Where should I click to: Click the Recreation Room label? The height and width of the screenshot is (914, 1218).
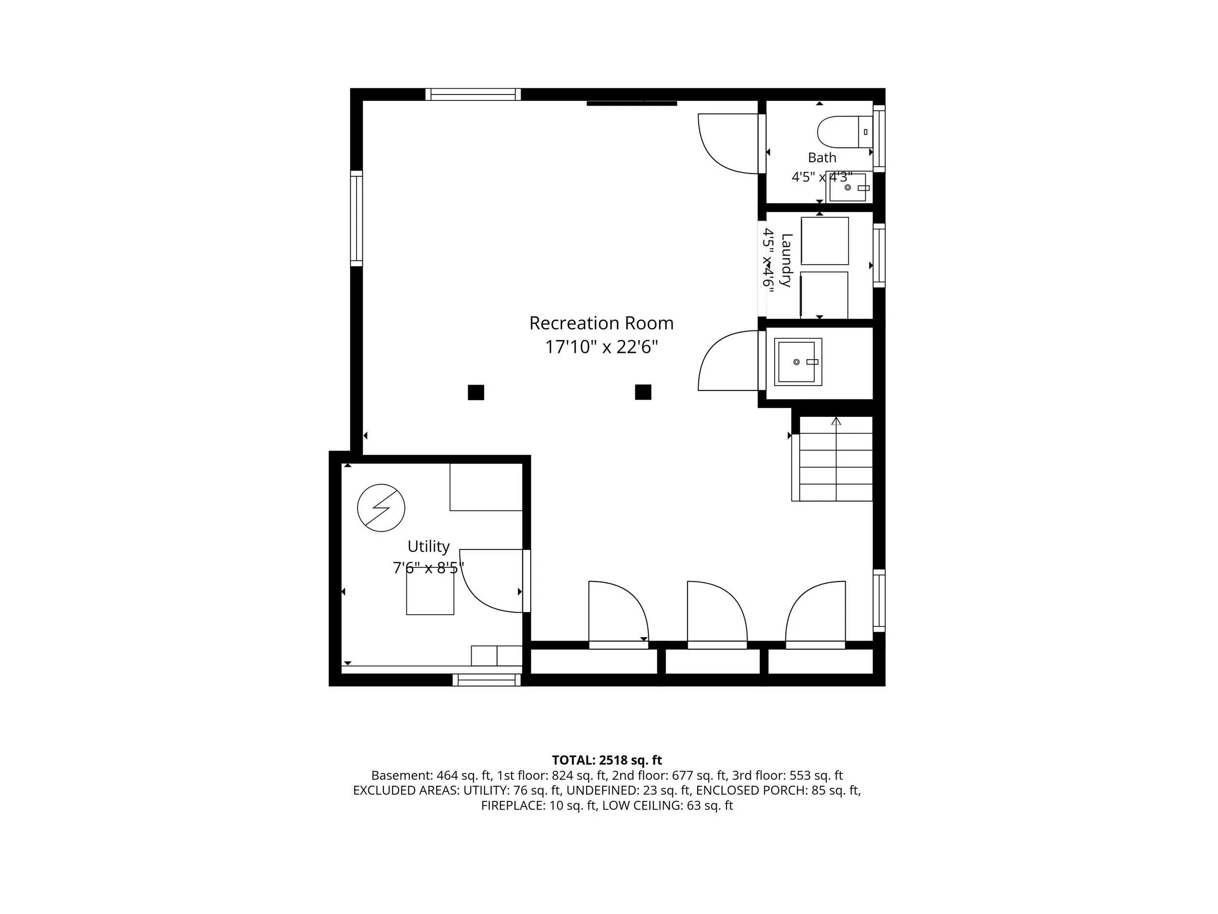click(x=601, y=323)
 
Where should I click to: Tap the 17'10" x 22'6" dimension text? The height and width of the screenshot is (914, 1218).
click(x=601, y=347)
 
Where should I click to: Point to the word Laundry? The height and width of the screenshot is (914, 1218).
click(x=786, y=260)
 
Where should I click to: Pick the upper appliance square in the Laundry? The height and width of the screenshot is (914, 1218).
click(x=825, y=241)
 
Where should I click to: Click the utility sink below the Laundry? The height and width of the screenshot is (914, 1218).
click(x=798, y=362)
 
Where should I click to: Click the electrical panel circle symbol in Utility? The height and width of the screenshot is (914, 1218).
click(x=381, y=508)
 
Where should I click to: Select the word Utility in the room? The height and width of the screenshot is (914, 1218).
click(x=428, y=546)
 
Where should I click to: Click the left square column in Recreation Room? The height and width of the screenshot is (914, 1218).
click(x=476, y=392)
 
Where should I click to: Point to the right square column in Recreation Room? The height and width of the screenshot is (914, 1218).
click(x=643, y=392)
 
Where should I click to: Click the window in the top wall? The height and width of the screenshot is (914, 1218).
click(x=473, y=94)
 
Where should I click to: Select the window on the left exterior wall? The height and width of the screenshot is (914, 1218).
click(x=357, y=219)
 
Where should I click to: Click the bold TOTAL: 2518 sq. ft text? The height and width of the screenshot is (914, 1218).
click(x=607, y=760)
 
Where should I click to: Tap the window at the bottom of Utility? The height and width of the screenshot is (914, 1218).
click(x=487, y=681)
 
